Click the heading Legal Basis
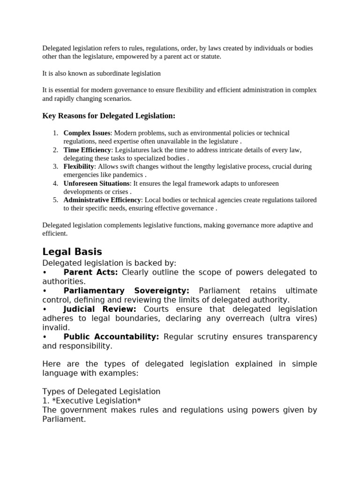pos(72,252)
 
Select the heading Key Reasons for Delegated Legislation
pos(109,116)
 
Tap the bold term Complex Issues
pos(87,133)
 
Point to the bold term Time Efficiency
pos(87,150)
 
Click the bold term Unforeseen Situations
pos(97,184)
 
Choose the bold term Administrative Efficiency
pos(102,200)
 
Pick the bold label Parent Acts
pos(90,272)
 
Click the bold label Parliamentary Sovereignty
pos(127,291)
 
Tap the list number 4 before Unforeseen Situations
pos(55,184)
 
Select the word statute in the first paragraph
pos(210,57)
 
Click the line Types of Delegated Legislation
pos(101,391)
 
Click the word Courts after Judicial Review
pos(158,309)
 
